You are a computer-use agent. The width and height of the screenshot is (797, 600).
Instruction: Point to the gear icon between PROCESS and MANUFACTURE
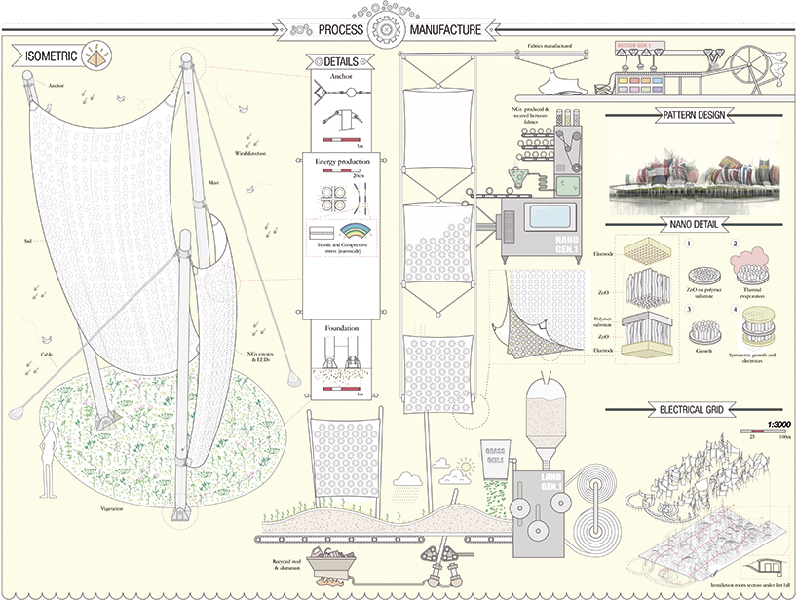388,29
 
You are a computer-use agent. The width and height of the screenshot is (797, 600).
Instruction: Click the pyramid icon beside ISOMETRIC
98,55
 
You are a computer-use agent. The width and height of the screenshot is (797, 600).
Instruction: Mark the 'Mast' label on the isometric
213,181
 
